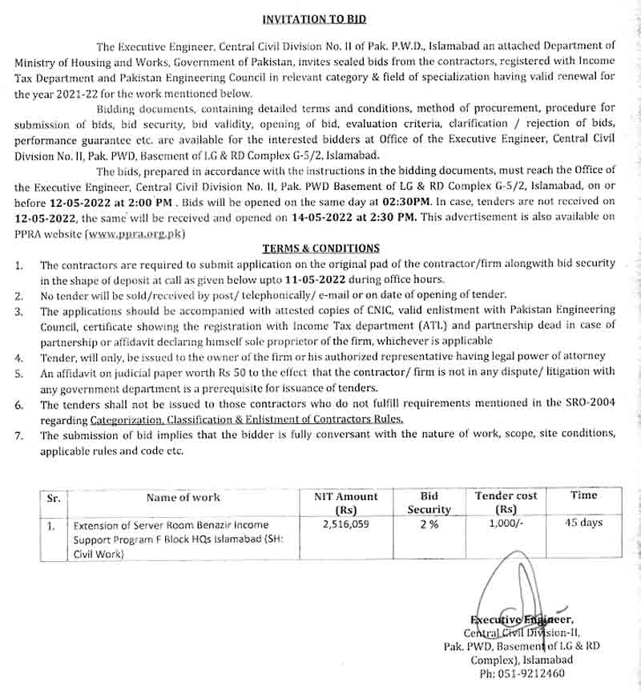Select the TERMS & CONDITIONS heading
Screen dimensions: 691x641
pyautogui.click(x=321, y=249)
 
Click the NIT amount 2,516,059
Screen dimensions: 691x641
pyautogui.click(x=345, y=526)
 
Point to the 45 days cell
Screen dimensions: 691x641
pyautogui.click(x=583, y=523)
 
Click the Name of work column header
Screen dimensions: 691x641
pyautogui.click(x=183, y=497)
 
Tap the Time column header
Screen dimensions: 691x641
pyautogui.click(x=583, y=495)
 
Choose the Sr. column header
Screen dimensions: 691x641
pyautogui.click(x=54, y=498)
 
